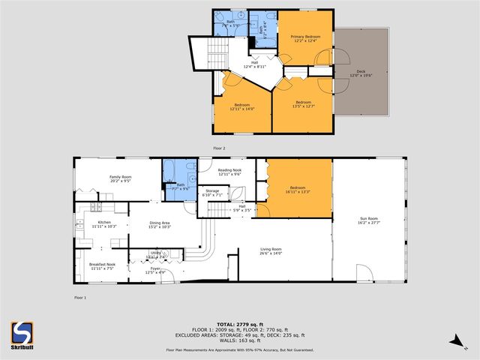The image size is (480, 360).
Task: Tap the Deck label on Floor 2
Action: tap(361, 73)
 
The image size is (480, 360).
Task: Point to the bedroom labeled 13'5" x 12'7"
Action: tap(303, 103)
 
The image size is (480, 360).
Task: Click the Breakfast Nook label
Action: tap(101, 265)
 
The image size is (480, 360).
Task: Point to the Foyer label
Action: tap(154, 269)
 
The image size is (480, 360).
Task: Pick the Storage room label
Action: tap(212, 193)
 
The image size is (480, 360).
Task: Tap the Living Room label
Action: tap(270, 250)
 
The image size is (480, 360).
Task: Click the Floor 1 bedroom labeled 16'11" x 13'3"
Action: tap(298, 189)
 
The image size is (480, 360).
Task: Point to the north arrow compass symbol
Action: tap(456, 342)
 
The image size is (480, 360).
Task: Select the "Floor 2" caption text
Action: tap(219, 148)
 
